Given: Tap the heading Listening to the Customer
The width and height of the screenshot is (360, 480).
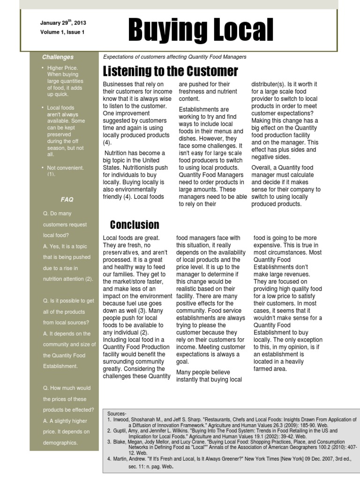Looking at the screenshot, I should (170, 71).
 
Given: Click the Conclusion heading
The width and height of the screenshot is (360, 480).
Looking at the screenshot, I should (135, 225).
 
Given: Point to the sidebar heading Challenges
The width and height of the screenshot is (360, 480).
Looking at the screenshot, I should (58, 57).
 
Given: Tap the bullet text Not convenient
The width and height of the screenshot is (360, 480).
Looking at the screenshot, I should (65, 168).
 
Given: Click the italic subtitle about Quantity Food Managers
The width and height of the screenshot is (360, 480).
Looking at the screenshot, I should (174, 57).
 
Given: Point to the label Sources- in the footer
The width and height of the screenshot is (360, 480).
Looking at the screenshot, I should (117, 414).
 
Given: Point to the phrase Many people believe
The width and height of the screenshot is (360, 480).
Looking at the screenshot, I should (203, 372).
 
